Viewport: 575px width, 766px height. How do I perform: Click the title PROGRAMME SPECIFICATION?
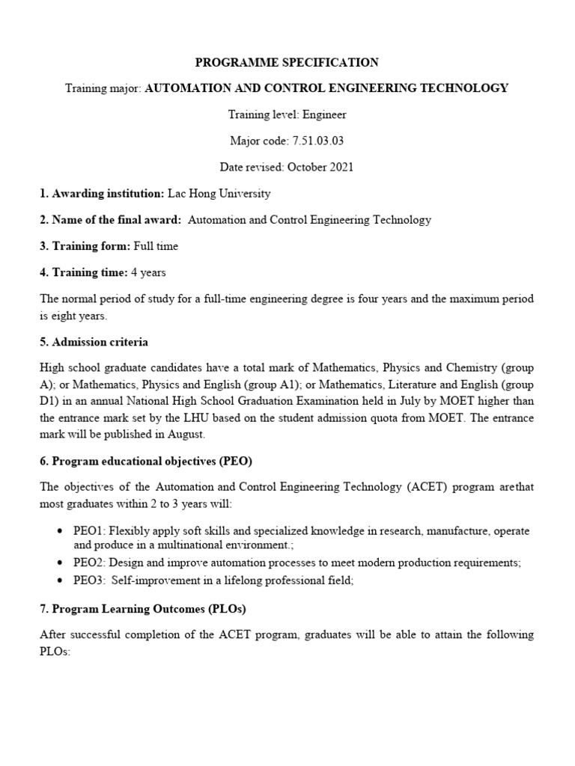[x=287, y=63]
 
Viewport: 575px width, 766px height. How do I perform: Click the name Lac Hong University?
[x=219, y=194]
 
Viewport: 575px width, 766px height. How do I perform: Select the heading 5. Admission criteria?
[x=94, y=342]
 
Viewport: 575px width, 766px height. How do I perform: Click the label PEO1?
[x=89, y=530]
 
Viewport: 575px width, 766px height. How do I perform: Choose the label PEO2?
[x=89, y=562]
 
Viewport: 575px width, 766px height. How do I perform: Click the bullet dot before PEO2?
[x=60, y=562]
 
